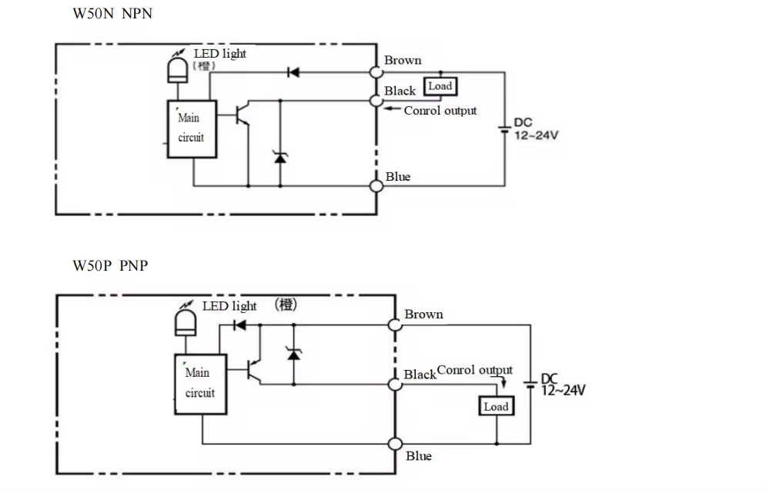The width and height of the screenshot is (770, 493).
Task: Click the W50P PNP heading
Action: tap(110, 266)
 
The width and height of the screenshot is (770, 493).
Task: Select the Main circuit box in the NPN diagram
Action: tap(191, 128)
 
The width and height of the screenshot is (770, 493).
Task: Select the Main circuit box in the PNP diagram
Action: tap(199, 383)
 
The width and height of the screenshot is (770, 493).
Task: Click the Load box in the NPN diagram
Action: tap(440, 86)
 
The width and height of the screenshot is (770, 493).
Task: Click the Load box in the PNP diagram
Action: tap(496, 407)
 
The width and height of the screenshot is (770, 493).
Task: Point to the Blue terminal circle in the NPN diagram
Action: tap(376, 185)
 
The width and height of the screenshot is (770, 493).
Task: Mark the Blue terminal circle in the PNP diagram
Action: tap(396, 444)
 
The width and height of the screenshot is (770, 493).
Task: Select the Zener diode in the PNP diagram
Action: tap(292, 353)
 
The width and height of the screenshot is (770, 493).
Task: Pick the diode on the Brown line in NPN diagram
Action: tap(293, 73)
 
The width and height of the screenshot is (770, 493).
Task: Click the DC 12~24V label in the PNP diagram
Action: tap(562, 385)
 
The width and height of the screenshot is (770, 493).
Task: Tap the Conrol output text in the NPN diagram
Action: tap(440, 111)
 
